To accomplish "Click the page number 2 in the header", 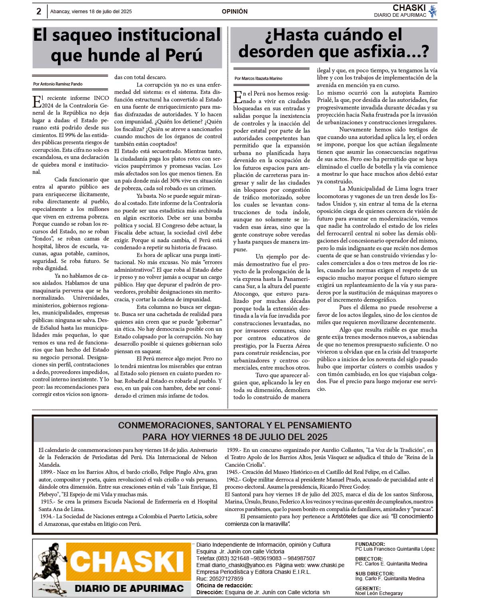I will click(39, 12).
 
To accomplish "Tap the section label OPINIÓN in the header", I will click(235, 12).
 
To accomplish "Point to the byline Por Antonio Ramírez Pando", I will click(58, 84).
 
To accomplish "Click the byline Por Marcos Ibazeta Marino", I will click(258, 78).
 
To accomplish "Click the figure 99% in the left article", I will click(66, 135).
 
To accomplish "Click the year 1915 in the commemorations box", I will click(47, 501).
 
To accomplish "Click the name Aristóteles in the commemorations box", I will click(344, 516).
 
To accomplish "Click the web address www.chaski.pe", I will click(326, 565).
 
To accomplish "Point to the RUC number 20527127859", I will click(226, 579).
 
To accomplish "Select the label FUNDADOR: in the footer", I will click(370, 544).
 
